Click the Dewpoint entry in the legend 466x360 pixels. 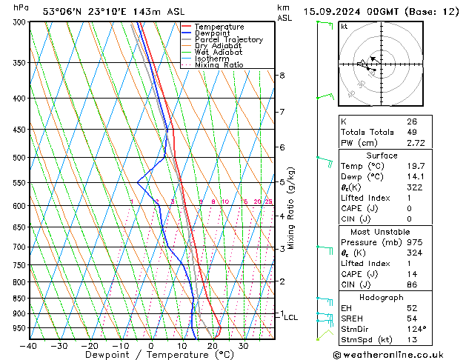pos(210,33)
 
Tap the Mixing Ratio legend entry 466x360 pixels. pos(219,65)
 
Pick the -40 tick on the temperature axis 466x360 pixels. pos(30,346)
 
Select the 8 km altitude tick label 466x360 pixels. pos(282,76)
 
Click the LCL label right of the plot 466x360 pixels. pos(291,317)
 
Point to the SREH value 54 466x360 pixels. pos(411,319)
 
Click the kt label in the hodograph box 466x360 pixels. pos(344,26)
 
